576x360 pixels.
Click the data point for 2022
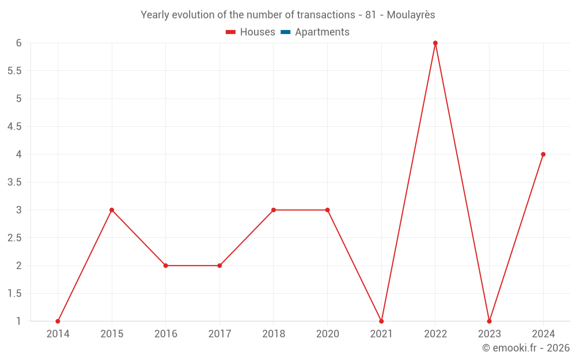(x=435, y=43)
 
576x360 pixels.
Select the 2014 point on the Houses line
(x=58, y=321)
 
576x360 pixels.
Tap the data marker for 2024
(x=543, y=154)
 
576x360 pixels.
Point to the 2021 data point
(x=381, y=321)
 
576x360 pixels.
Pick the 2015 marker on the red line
(x=112, y=210)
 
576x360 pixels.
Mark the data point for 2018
(x=274, y=210)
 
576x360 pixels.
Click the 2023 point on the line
(x=489, y=321)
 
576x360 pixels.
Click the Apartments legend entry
(x=322, y=32)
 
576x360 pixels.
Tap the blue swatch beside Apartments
(x=285, y=32)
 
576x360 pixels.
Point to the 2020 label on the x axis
(x=327, y=334)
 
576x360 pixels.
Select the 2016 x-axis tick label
(x=165, y=334)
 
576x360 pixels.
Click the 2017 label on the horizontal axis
(x=219, y=334)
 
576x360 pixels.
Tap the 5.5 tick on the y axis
(x=14, y=71)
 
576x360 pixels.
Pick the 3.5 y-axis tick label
(x=14, y=182)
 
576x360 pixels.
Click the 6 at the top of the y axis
(x=19, y=43)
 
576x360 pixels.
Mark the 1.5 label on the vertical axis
(x=14, y=293)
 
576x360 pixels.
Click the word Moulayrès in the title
(x=411, y=15)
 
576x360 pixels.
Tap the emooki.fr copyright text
(x=526, y=348)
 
